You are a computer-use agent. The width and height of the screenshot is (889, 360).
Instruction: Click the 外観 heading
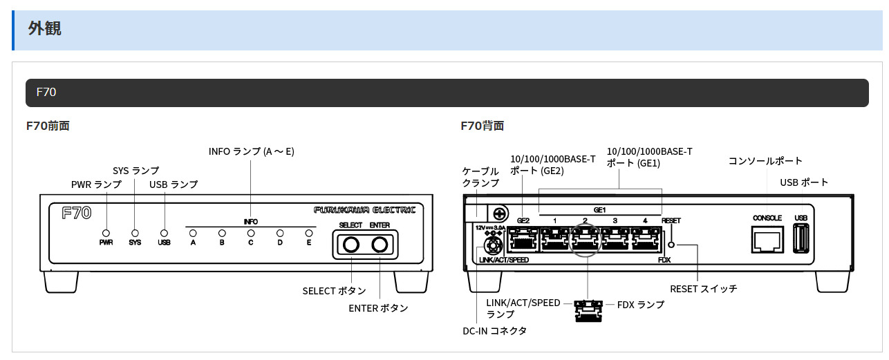[45, 28]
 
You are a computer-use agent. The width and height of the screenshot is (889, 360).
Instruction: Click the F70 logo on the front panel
[76, 213]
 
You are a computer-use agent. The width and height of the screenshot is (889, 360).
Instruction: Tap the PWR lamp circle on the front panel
[106, 233]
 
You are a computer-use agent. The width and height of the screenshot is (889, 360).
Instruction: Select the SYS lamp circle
[135, 233]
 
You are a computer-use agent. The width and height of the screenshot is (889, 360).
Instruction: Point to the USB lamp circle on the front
[164, 233]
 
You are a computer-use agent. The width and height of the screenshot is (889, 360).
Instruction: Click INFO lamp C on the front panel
[251, 233]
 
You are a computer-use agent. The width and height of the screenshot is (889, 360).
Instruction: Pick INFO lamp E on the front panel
[309, 233]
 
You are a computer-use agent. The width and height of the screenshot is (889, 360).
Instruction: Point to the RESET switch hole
[671, 245]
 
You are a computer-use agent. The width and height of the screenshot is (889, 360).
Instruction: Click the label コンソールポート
[765, 161]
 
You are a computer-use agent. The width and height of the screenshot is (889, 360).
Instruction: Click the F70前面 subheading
[48, 126]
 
